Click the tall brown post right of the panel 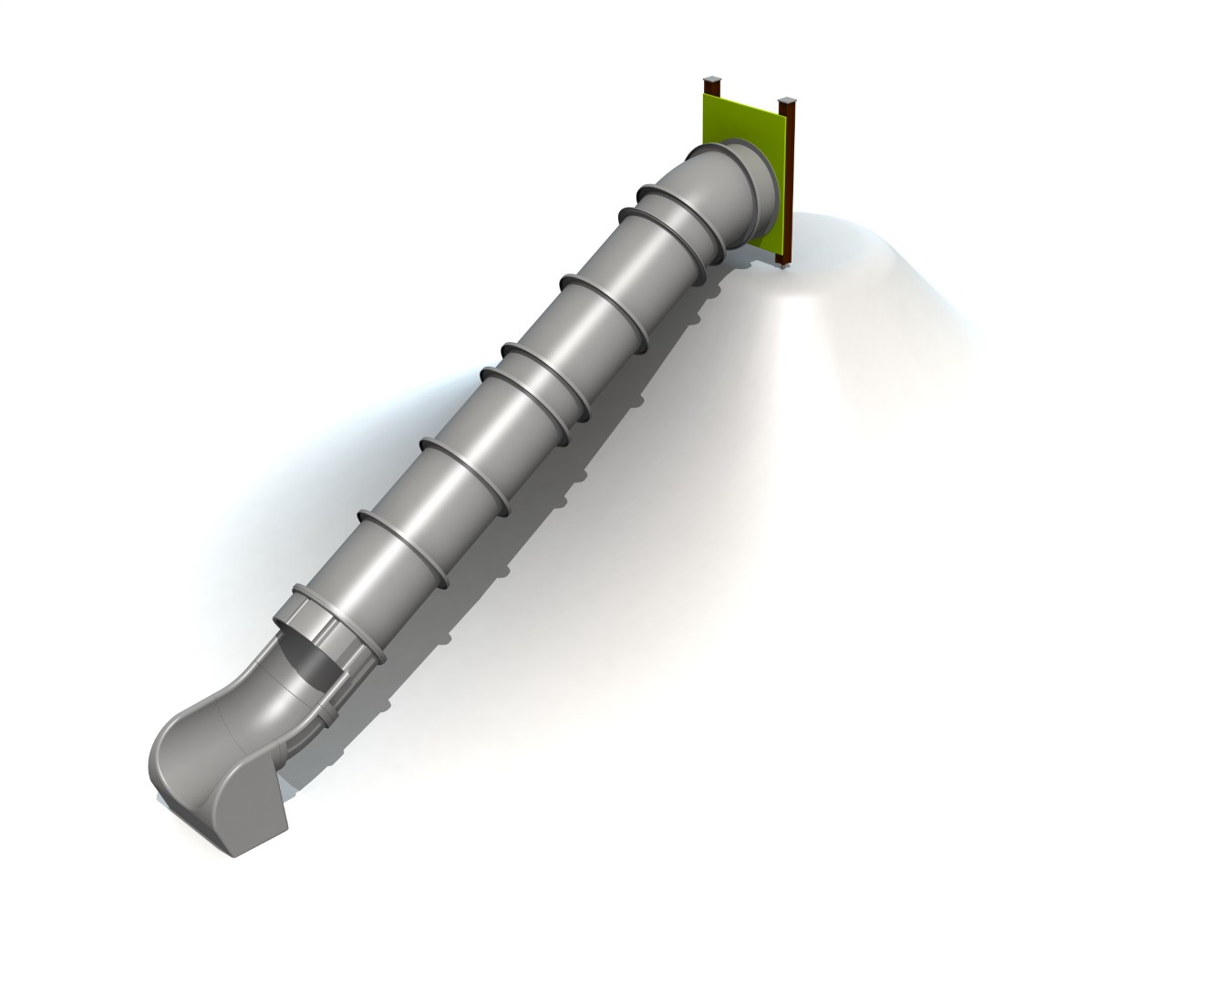(790, 182)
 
